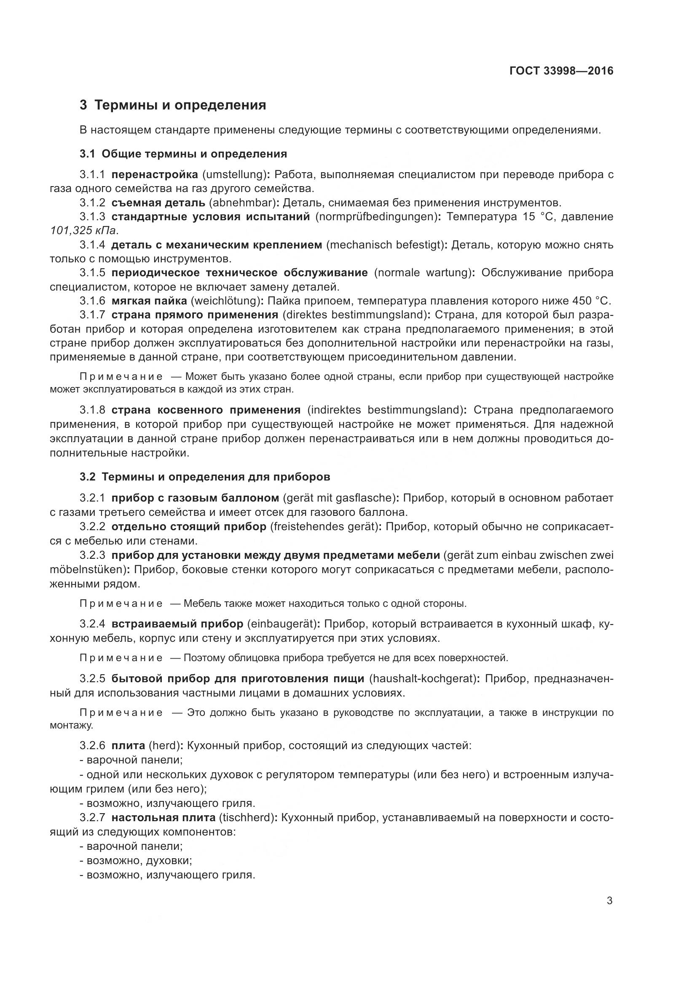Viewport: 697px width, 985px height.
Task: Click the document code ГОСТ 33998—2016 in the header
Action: pyautogui.click(x=561, y=71)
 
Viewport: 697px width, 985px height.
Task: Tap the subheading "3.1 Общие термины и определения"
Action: pyautogui.click(x=183, y=154)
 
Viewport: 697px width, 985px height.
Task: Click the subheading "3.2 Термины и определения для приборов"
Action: pyautogui.click(x=205, y=477)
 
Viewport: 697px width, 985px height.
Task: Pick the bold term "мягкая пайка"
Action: pyautogui.click(x=149, y=301)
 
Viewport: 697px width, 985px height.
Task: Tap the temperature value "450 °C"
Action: pyautogui.click(x=591, y=301)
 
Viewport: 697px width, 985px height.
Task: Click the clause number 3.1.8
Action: pyautogui.click(x=92, y=410)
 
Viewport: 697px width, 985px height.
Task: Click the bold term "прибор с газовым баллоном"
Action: pyautogui.click(x=195, y=498)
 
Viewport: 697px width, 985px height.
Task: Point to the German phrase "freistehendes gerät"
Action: pyautogui.click(x=324, y=526)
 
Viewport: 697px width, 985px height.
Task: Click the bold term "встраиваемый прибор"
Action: pyautogui.click(x=177, y=624)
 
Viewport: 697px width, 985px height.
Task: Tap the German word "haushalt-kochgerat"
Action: pyautogui.click(x=422, y=679)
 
